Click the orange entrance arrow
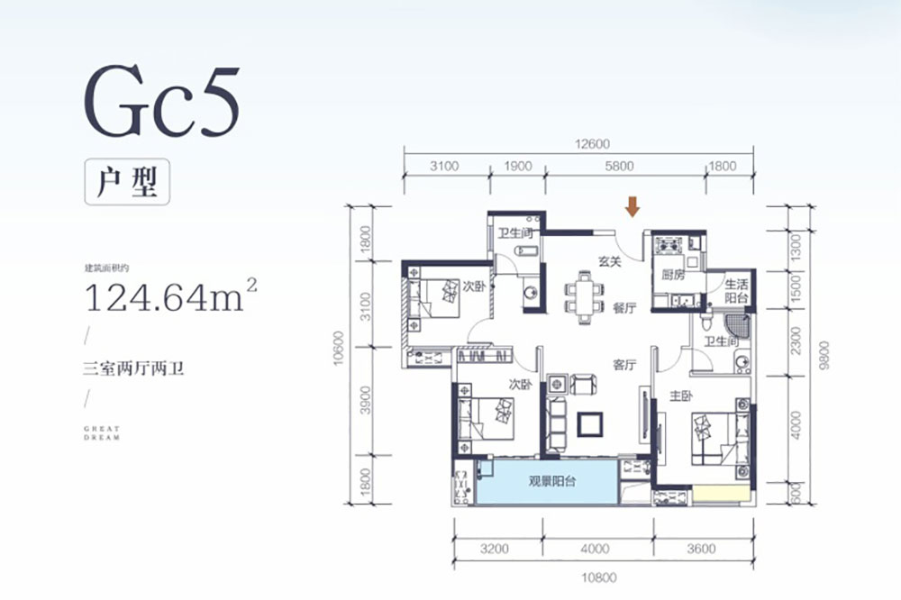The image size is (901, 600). coord(633,207)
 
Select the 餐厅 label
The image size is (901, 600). coord(624,308)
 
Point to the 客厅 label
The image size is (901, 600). coord(624,365)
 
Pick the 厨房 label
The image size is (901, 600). coord(673,275)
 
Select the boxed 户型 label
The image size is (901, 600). coord(127,178)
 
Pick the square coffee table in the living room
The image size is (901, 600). coord(592,423)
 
